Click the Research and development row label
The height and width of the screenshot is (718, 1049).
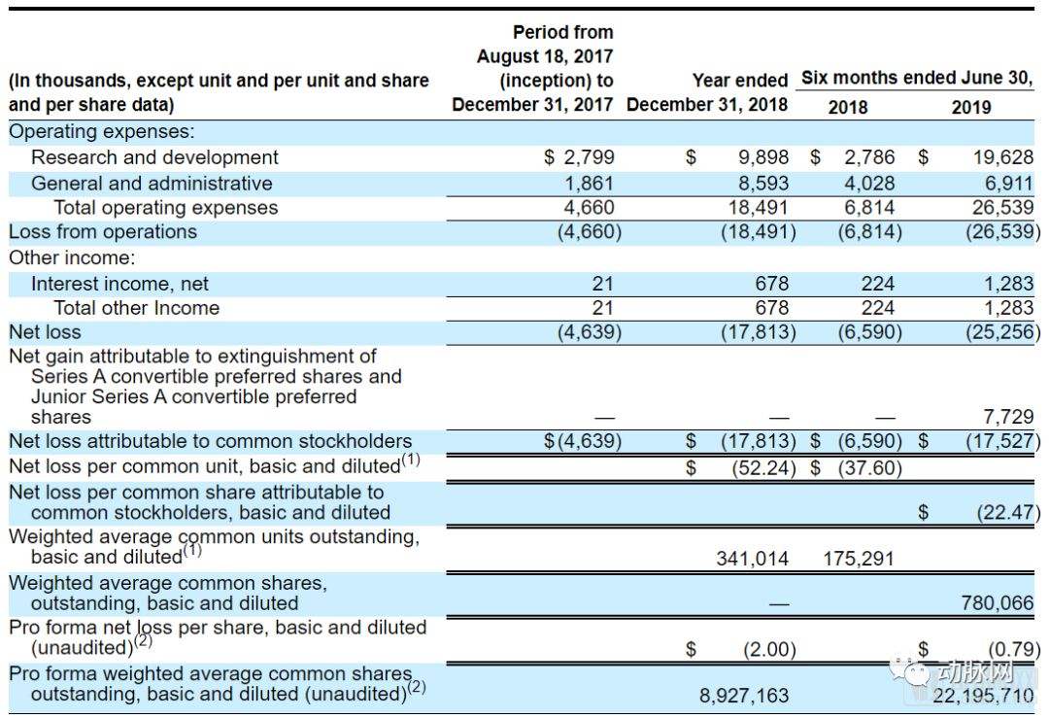pyautogui.click(x=154, y=157)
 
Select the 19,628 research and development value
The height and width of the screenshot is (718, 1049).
pyautogui.click(x=1002, y=157)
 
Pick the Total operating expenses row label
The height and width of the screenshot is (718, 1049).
pyautogui.click(x=166, y=208)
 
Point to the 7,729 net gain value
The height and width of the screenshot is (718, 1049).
pyautogui.click(x=1008, y=417)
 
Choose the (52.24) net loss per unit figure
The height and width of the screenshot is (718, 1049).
pyautogui.click(x=763, y=467)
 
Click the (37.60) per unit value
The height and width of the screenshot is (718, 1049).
pyautogui.click(x=869, y=467)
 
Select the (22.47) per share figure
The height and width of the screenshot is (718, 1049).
pyautogui.click(x=1008, y=513)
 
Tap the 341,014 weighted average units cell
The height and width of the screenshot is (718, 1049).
pyautogui.click(x=752, y=558)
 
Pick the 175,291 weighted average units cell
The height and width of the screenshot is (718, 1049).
pyautogui.click(x=859, y=558)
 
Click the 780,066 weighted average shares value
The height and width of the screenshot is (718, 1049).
pyautogui.click(x=997, y=603)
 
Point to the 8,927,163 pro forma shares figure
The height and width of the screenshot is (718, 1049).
pyautogui.click(x=744, y=696)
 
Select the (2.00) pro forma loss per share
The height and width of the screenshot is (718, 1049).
pyautogui.click(x=769, y=650)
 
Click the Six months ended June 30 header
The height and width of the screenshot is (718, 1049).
pyautogui.click(x=917, y=78)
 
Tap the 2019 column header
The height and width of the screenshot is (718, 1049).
pyautogui.click(x=970, y=107)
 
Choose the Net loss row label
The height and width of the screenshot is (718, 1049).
pyautogui.click(x=45, y=332)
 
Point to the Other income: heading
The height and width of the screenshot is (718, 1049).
pyautogui.click(x=72, y=257)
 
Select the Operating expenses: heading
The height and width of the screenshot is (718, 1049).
pyautogui.click(x=102, y=131)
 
